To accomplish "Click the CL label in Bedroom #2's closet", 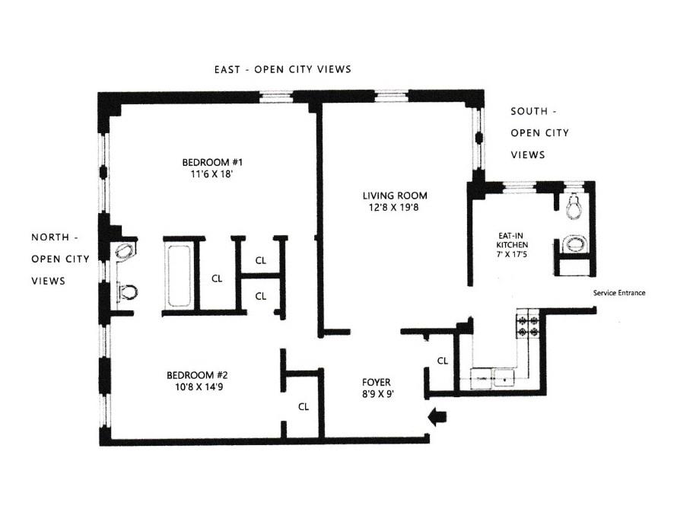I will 303,406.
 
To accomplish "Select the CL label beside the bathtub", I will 217,278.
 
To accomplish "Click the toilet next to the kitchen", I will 574,204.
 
